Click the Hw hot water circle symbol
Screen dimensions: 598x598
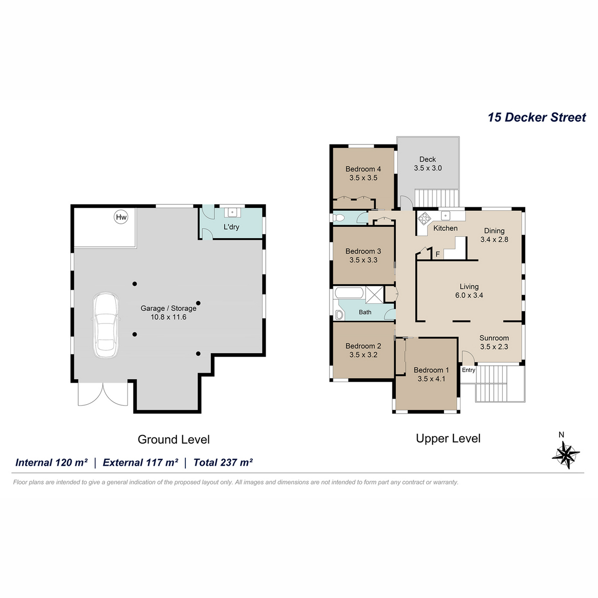point(121,217)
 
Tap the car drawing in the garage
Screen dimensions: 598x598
point(106,325)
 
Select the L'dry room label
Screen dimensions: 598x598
point(231,227)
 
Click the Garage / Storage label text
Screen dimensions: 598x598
point(168,308)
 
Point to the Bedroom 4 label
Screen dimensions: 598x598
point(363,169)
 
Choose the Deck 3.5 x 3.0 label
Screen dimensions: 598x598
point(428,163)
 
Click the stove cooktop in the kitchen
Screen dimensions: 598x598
point(424,218)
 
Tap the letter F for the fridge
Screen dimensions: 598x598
point(438,255)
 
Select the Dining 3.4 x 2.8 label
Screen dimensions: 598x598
point(494,235)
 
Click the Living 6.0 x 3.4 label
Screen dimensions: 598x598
point(469,291)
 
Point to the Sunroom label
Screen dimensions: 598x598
point(494,338)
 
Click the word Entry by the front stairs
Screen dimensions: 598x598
point(468,370)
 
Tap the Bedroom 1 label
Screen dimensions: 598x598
point(432,370)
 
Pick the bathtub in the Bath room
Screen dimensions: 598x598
point(349,293)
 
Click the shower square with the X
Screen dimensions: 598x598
point(375,295)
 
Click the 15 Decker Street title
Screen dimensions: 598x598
point(537,117)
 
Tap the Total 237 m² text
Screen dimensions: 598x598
point(223,462)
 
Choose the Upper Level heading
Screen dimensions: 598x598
point(448,438)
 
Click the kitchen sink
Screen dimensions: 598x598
point(446,215)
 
